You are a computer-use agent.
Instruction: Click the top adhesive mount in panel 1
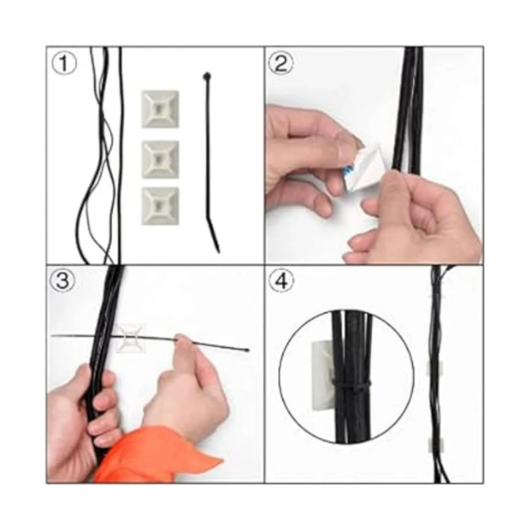[x=160, y=109]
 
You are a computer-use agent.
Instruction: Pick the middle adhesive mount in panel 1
[x=160, y=159]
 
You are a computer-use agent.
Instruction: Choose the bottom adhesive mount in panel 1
[x=160, y=206]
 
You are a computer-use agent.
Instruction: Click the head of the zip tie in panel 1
[x=206, y=76]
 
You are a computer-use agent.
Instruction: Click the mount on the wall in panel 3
[x=130, y=338]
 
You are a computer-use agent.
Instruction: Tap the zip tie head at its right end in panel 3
[x=246, y=350]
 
